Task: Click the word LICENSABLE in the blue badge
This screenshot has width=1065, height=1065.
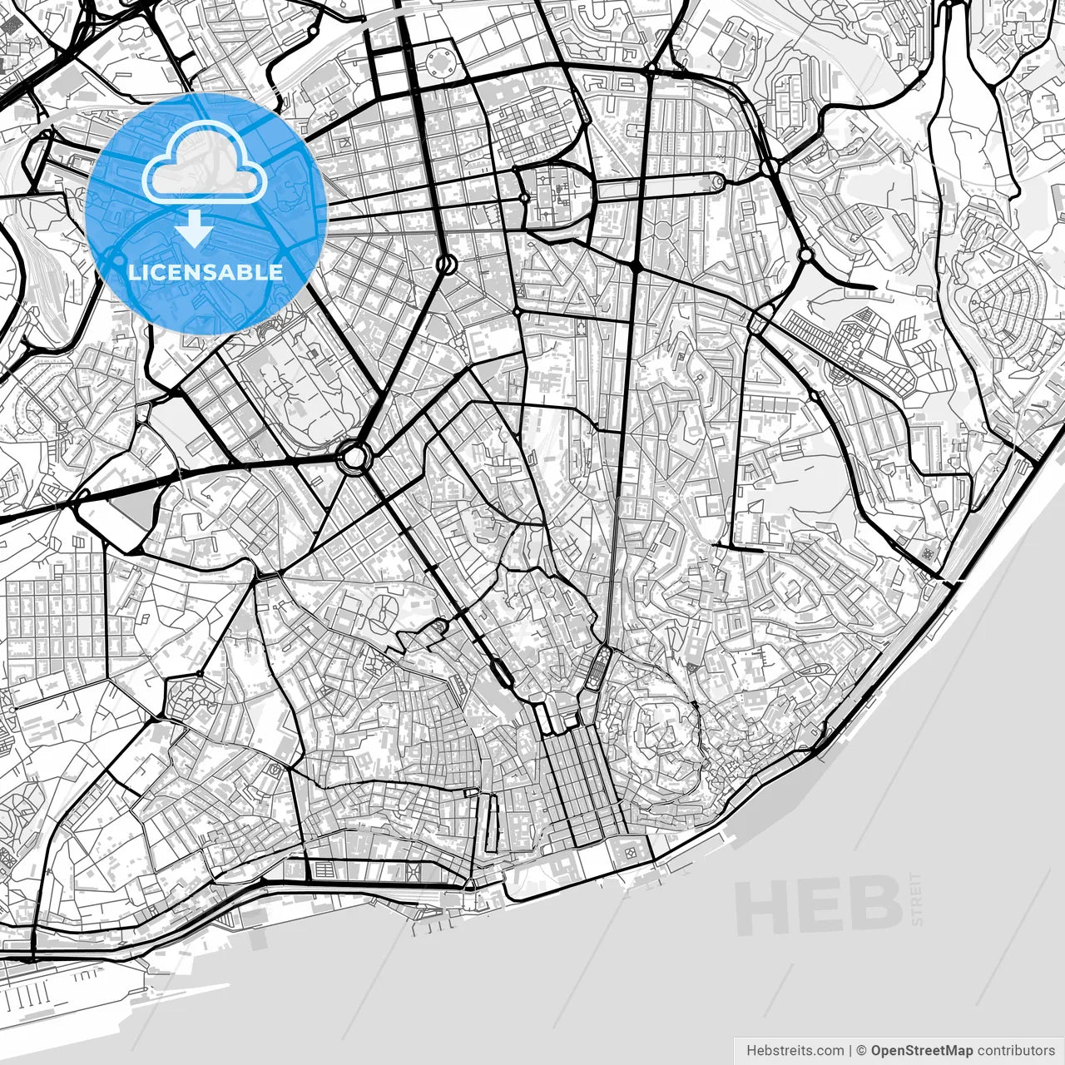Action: pyautogui.click(x=205, y=272)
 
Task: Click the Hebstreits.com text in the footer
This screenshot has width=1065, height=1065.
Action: pyautogui.click(x=794, y=1050)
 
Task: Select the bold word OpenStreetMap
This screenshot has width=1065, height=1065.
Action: pyautogui.click(x=921, y=1050)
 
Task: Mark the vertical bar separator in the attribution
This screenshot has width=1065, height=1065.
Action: pyautogui.click(x=850, y=1050)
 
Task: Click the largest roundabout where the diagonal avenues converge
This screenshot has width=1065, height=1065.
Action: pyautogui.click(x=354, y=456)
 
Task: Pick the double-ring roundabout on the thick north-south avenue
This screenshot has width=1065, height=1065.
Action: pyautogui.click(x=446, y=265)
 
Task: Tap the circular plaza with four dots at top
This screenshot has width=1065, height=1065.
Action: pyautogui.click(x=441, y=61)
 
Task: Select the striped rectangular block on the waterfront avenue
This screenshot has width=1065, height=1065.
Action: pyautogui.click(x=323, y=870)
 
